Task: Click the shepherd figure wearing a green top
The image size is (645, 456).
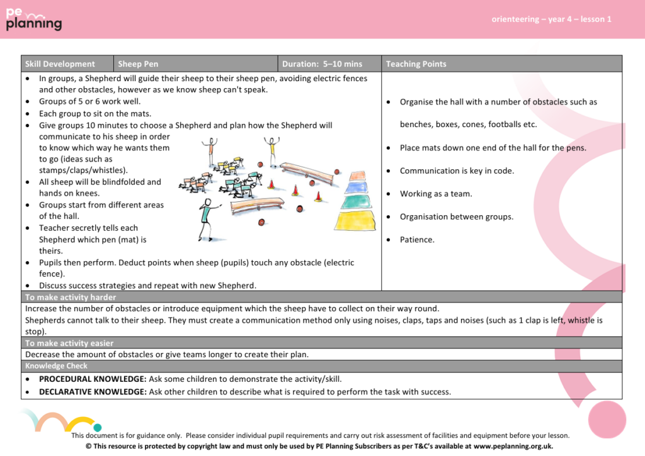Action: [x=205, y=217]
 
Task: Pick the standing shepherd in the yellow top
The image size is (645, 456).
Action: [x=271, y=151]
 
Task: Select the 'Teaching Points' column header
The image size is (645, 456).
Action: [x=416, y=64]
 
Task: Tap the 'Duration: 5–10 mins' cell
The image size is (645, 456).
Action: [x=322, y=64]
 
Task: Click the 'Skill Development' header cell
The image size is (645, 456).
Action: [x=60, y=64]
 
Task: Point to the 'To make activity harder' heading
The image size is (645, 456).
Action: [x=71, y=297]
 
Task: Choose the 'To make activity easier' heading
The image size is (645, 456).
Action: [x=69, y=343]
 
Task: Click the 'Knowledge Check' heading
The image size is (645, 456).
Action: [x=56, y=366]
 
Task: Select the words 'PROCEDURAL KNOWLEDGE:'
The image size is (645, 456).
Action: [x=93, y=379]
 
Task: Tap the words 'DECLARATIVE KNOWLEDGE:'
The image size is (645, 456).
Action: [x=93, y=392]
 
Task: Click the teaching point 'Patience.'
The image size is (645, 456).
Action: [x=417, y=240]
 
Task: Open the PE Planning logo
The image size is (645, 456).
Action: [x=34, y=19]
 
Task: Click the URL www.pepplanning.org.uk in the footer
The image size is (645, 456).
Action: [x=513, y=446]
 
